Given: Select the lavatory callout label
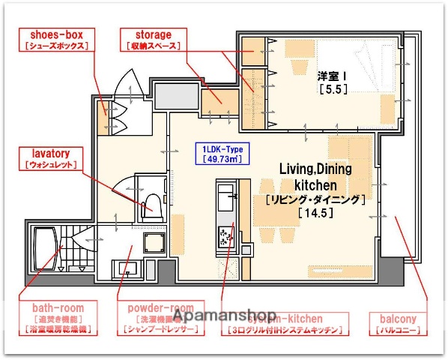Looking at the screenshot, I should point(52,157).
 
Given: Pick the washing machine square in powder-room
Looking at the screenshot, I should point(155,244).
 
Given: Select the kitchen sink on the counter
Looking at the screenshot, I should point(225,199).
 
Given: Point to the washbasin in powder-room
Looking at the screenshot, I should point(127,266).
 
